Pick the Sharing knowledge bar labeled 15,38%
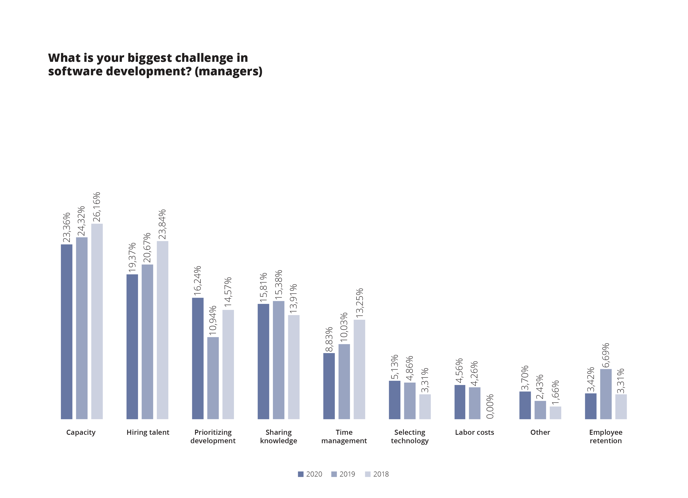point(279,360)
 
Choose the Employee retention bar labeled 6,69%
point(606,394)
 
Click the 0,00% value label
point(490,406)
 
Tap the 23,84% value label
point(162,224)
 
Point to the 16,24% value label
point(197,281)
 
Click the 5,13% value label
point(394,367)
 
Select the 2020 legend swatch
point(301,474)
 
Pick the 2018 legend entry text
point(381,474)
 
